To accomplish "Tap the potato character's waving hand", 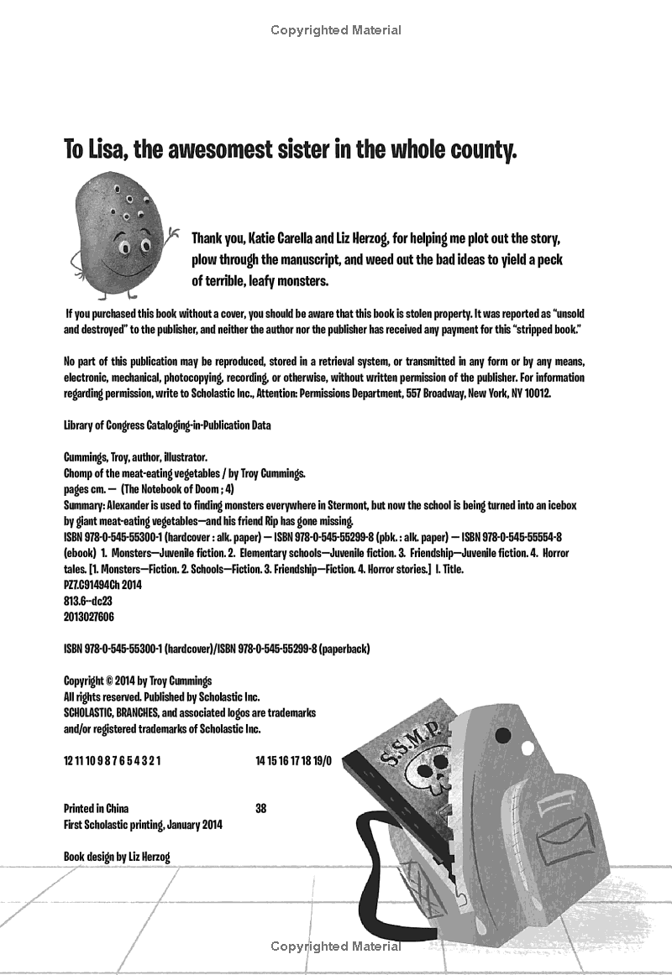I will [x=172, y=232].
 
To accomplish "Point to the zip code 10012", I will [x=534, y=393].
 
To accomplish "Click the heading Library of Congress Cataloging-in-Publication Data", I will [x=167, y=425].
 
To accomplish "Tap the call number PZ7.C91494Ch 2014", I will [x=102, y=585].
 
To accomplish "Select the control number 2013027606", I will [x=89, y=616].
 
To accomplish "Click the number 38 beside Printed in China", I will [x=260, y=809].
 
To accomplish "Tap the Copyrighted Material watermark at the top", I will [x=336, y=30].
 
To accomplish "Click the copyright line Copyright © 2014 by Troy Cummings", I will [x=138, y=680].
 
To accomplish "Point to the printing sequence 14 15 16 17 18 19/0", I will [x=294, y=760].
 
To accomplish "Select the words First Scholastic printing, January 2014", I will [x=144, y=825].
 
